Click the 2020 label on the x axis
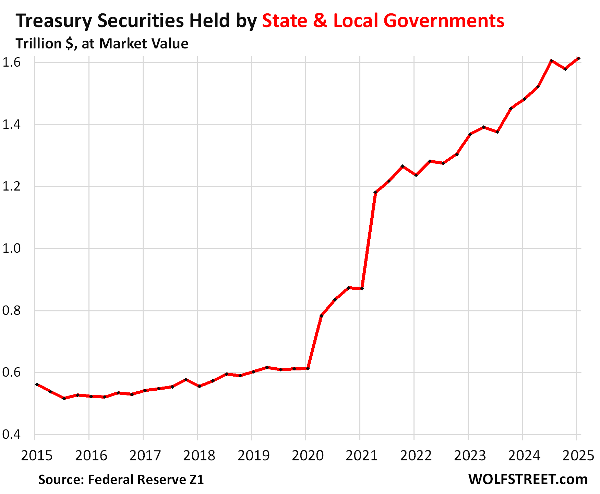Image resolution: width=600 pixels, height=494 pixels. (308, 456)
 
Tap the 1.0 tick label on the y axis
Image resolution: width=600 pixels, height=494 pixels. (12, 249)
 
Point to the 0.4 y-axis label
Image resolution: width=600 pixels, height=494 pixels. (12, 435)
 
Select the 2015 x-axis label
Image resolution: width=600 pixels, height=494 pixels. (37, 456)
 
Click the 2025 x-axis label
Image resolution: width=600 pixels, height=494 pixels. (578, 456)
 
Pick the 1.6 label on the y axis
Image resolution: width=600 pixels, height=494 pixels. (12, 62)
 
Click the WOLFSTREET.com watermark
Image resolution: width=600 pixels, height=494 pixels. (528, 479)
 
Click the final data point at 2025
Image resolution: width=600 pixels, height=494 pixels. (578, 59)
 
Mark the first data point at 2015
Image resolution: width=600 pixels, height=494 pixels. (37, 384)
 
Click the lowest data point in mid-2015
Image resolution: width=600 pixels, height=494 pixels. (64, 398)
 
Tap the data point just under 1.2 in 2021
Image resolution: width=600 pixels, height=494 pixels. (375, 193)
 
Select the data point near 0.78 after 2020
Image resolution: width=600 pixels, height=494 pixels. (321, 316)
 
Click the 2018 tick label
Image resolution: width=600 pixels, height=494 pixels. (199, 456)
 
